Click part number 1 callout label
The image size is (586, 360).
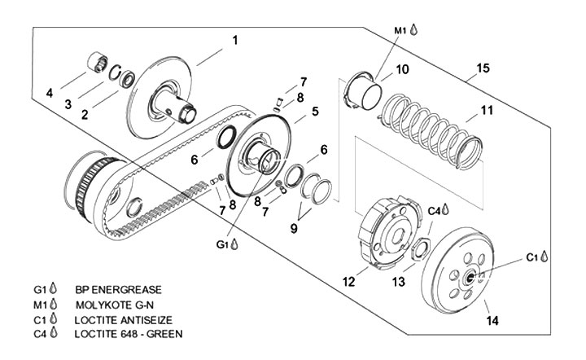pos(235,39)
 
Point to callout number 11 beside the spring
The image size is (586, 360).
pos(486,110)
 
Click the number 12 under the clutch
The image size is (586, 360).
pos(348,282)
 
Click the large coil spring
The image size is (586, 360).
pos(428,130)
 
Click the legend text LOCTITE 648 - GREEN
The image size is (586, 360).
pos(129,334)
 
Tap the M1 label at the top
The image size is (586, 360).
pos(400,29)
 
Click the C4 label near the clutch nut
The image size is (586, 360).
pos(435,211)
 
